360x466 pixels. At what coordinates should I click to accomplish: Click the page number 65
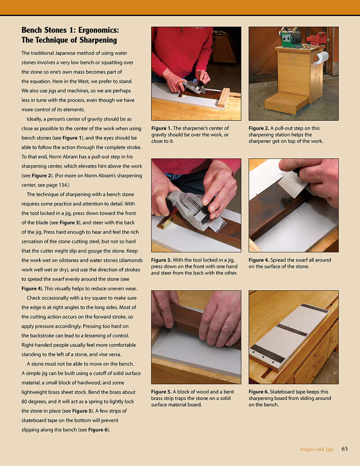coord(345,449)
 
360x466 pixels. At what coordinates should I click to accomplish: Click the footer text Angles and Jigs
coord(316,449)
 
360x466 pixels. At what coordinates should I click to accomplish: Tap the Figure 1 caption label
coord(161,128)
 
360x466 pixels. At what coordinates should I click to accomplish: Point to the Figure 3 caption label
coord(161,260)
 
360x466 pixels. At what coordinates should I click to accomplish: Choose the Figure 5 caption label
coord(161,392)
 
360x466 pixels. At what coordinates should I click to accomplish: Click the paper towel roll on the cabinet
coord(321,58)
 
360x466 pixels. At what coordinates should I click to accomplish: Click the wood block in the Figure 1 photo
coord(224,98)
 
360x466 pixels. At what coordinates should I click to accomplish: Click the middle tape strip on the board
coord(292,330)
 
